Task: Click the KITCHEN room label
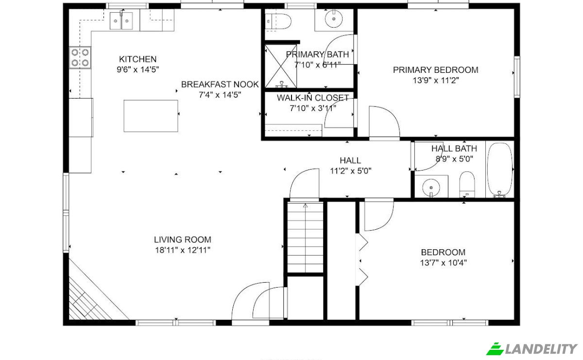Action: point(137,59)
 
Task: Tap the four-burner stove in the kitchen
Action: point(80,58)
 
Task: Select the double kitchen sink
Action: point(121,21)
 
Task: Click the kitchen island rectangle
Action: point(151,116)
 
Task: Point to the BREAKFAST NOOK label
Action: point(220,85)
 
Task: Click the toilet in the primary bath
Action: point(278,21)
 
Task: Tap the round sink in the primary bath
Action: point(334,19)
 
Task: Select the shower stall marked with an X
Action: point(281,66)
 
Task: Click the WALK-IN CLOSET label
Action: point(313,98)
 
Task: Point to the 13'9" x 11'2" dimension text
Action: point(436,81)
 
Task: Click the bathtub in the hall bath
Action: point(500,170)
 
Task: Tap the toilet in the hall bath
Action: point(467,184)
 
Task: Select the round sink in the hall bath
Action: point(431,188)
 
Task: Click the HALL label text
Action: point(350,160)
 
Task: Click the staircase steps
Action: point(305,238)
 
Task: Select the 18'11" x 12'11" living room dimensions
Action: point(183,250)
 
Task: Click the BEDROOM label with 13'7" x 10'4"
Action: point(443,252)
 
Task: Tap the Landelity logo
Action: point(532,349)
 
